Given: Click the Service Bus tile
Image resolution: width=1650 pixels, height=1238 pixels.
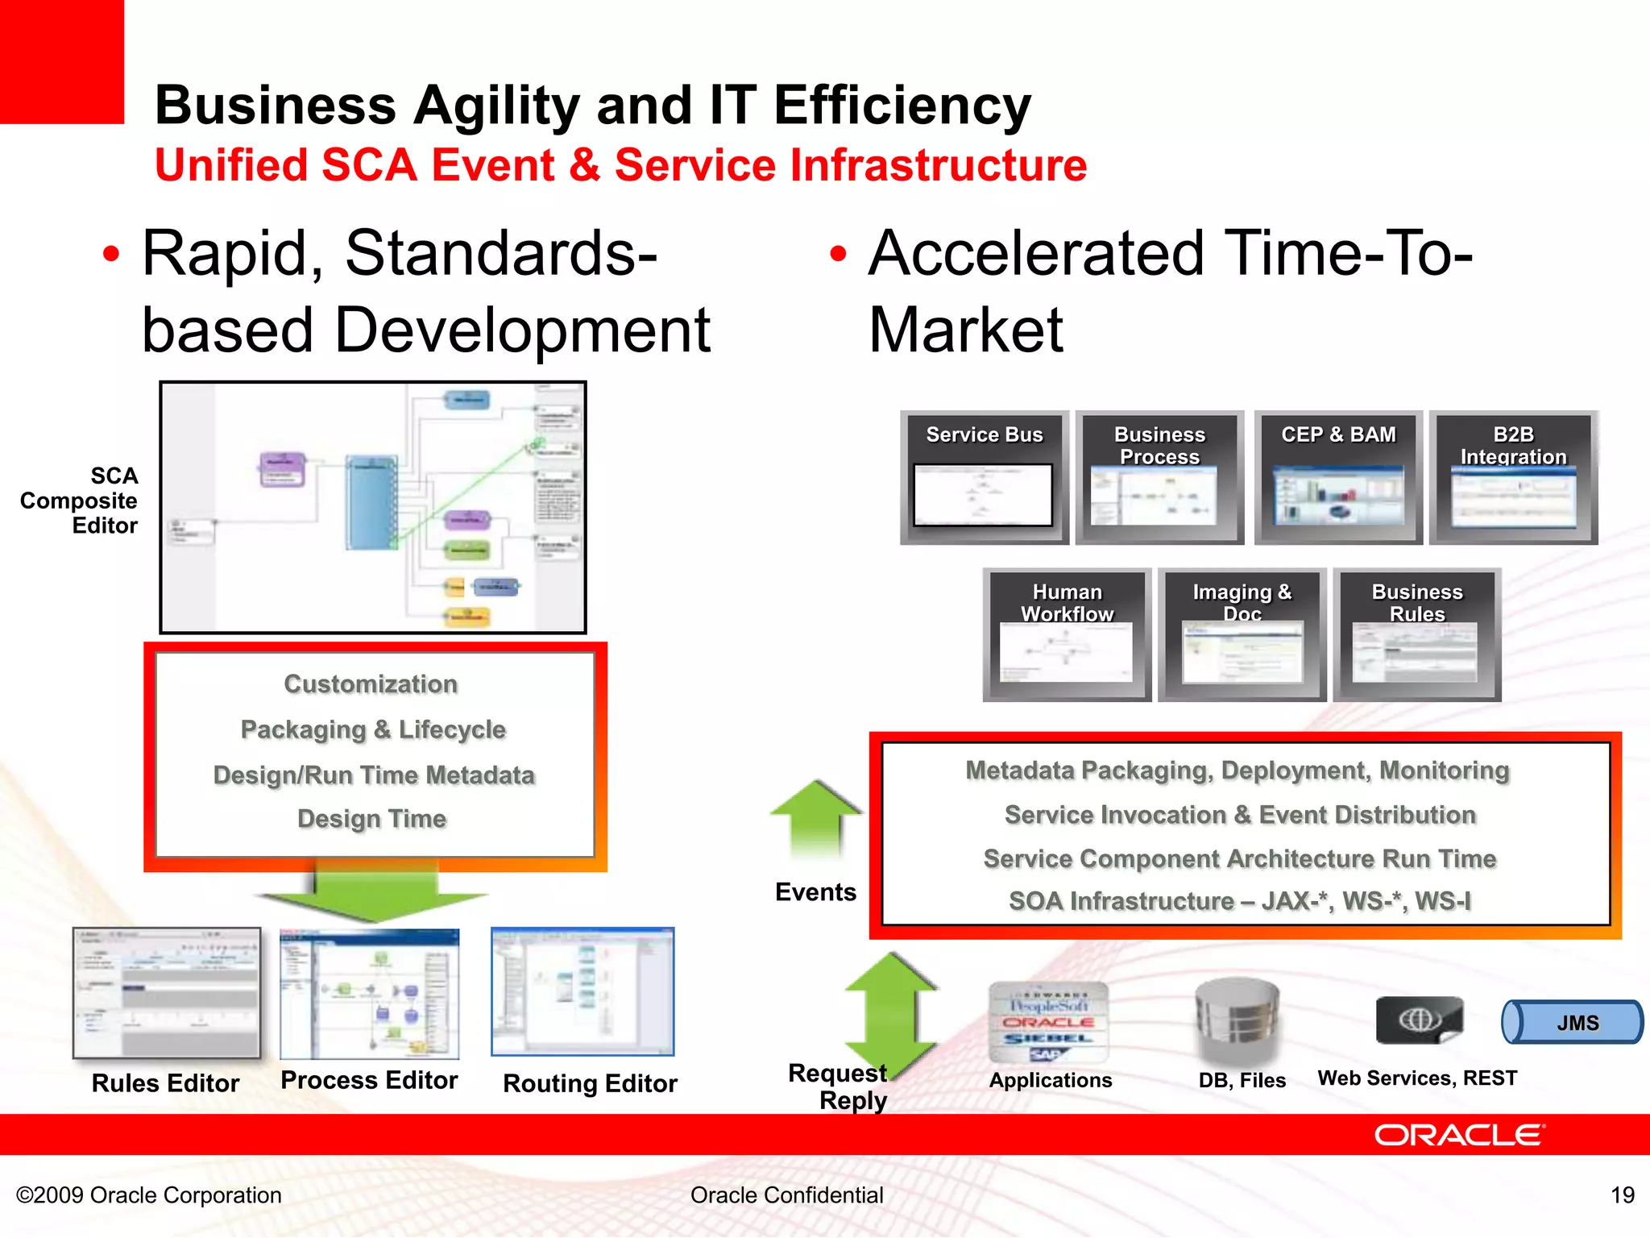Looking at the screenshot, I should [984, 478].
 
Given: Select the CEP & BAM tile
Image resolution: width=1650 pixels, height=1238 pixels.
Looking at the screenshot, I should [1338, 478].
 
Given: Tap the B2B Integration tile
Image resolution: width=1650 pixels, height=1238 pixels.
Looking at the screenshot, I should [1513, 478].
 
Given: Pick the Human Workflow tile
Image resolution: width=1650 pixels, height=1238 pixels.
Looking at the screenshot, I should [1067, 635].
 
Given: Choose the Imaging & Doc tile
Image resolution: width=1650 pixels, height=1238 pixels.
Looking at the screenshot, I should [1242, 635].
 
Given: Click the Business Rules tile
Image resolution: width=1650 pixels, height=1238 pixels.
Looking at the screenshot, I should [1416, 635].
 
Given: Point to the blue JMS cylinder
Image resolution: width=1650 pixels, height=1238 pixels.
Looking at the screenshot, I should [1571, 1023].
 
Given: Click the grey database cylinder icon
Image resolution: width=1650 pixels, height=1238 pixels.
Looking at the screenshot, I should [1237, 1020].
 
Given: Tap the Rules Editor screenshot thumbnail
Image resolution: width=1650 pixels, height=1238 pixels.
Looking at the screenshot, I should [167, 993].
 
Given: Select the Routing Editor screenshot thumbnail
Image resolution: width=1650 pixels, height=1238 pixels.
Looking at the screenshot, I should [582, 991].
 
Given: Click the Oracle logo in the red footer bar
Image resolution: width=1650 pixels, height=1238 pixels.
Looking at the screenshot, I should [1458, 1135].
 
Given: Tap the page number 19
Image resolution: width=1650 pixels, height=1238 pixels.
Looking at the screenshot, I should [1622, 1195].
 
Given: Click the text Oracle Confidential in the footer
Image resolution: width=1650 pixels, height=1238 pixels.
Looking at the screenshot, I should [786, 1195].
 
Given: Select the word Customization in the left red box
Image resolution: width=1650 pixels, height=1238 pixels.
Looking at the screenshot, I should [371, 684].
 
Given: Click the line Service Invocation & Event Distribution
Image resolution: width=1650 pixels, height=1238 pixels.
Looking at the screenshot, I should [1240, 815].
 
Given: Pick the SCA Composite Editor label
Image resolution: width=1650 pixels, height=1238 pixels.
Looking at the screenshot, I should [81, 501].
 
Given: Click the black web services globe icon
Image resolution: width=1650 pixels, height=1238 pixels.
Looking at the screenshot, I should [1419, 1020].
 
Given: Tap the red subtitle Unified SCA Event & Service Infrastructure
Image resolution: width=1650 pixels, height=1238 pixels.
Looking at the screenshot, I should [620, 165].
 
